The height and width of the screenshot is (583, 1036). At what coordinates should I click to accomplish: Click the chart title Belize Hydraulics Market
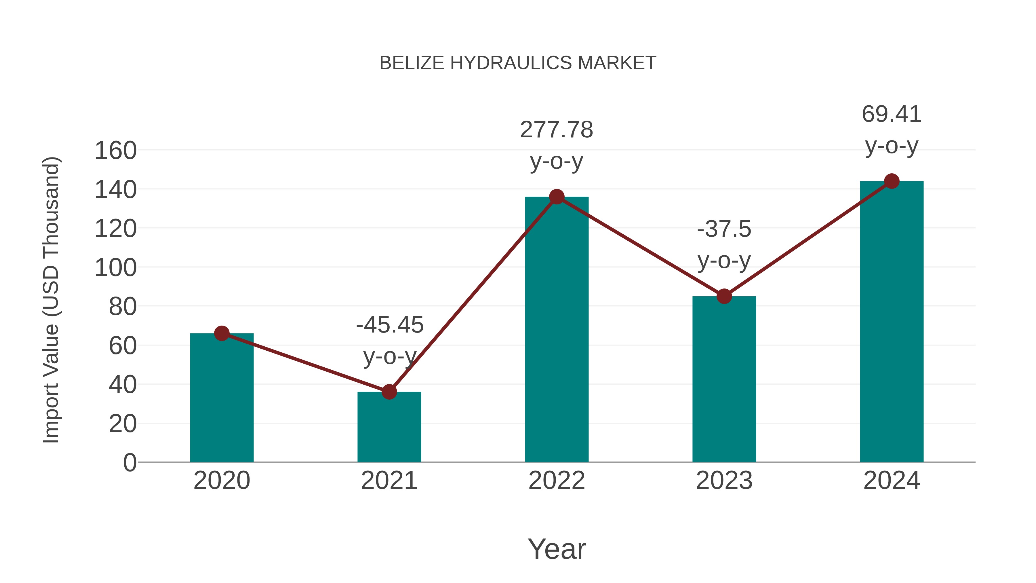pyautogui.click(x=518, y=63)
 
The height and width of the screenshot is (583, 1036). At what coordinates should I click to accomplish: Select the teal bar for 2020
pyautogui.click(x=222, y=398)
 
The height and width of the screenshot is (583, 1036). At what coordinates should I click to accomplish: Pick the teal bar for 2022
pyautogui.click(x=557, y=330)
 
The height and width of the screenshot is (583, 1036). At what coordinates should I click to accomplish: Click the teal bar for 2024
pyautogui.click(x=892, y=322)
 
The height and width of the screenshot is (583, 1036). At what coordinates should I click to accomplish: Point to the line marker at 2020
pyautogui.click(x=222, y=333)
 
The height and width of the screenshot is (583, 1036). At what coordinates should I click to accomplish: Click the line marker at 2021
pyautogui.click(x=389, y=392)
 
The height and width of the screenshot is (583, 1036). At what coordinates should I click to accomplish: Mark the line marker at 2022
pyautogui.click(x=557, y=197)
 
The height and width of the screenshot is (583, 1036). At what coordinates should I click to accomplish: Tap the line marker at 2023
pyautogui.click(x=724, y=296)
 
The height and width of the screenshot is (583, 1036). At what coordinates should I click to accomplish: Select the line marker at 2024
pyautogui.click(x=892, y=181)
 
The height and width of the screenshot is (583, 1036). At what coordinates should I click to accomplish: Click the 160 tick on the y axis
pyautogui.click(x=115, y=151)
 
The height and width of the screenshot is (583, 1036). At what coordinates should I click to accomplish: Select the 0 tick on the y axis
pyautogui.click(x=129, y=463)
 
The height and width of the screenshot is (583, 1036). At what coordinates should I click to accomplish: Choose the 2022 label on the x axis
pyautogui.click(x=557, y=481)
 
